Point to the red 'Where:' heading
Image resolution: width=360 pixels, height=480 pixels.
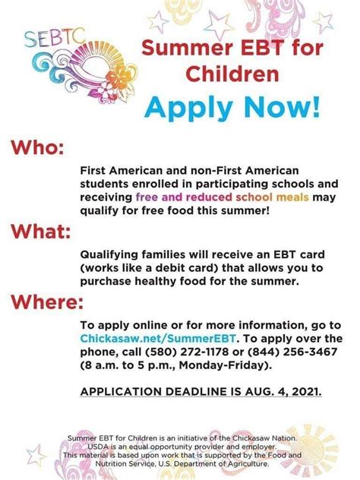[46, 302]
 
